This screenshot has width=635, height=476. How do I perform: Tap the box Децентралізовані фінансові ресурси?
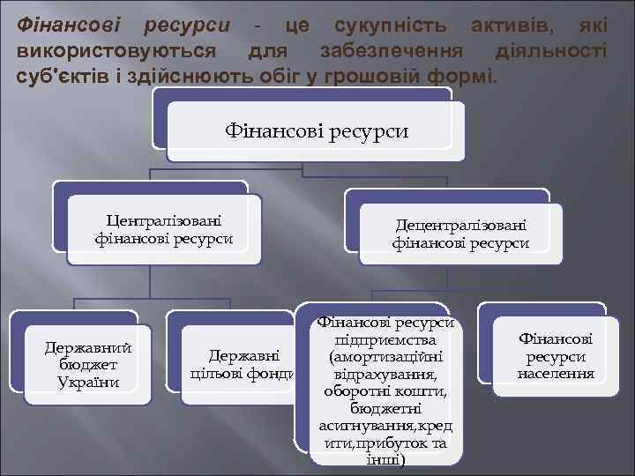(460, 234)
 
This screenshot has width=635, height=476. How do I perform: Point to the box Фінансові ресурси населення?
(556, 356)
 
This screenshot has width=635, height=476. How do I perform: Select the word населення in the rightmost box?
(556, 374)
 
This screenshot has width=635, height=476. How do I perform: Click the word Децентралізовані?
(460, 225)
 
